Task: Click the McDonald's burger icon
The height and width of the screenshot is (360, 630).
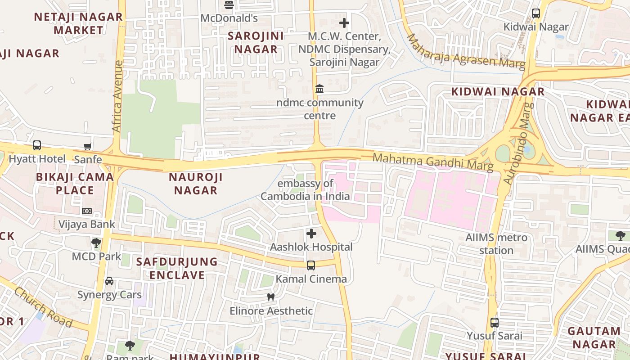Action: tap(229, 5)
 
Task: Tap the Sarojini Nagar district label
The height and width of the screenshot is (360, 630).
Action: tap(256, 43)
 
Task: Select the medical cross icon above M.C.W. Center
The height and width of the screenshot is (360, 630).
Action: tap(344, 23)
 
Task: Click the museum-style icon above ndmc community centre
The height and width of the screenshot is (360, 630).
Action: tap(319, 89)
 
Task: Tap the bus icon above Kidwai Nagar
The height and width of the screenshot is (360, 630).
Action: tap(535, 13)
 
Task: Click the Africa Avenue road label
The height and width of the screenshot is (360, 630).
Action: tap(117, 96)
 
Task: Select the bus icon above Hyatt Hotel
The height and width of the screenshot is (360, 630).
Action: tap(37, 145)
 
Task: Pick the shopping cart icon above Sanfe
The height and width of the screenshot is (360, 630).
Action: tap(88, 146)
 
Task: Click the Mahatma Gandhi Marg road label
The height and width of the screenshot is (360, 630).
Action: tap(433, 162)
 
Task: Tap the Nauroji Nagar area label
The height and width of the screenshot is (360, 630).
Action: tap(196, 184)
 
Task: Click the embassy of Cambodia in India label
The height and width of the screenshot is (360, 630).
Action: tap(305, 190)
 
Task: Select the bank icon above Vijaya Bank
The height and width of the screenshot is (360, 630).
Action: tap(87, 211)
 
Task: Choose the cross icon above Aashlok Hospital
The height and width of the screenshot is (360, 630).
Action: tap(311, 234)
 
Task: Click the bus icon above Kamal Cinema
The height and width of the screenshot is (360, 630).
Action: tap(311, 265)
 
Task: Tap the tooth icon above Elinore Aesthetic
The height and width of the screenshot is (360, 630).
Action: tap(271, 297)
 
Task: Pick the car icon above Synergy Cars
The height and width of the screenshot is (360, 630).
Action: tap(109, 281)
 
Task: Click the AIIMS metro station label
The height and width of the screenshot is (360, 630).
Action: tap(496, 243)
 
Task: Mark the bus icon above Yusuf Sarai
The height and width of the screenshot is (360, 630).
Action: tap(495, 322)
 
